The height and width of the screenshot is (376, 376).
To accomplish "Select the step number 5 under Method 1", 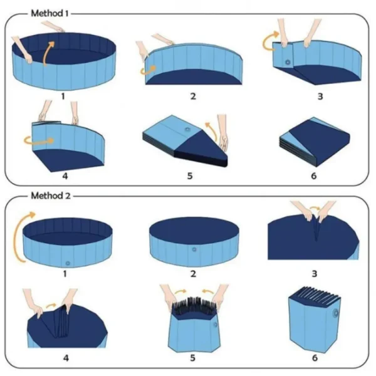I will (x=189, y=175).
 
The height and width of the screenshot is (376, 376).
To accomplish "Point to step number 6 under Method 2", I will (x=314, y=357).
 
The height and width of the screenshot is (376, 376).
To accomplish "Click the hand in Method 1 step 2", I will (x=142, y=49).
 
